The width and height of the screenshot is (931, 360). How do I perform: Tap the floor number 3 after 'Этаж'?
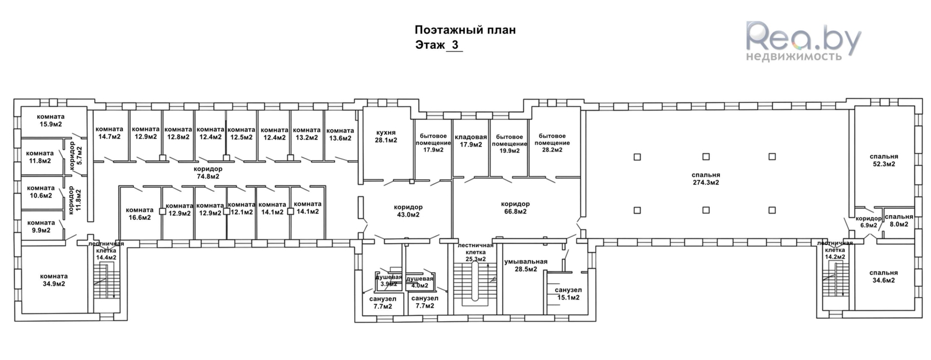click(x=455, y=45)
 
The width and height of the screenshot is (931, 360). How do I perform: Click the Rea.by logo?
click(x=802, y=40)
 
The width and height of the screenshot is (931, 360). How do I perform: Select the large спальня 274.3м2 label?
click(x=705, y=179)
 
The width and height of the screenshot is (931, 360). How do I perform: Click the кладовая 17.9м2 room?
click(x=470, y=141)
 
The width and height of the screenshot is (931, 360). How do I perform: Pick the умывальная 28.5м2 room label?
click(x=525, y=265)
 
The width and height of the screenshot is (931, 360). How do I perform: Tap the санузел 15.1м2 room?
click(x=568, y=294)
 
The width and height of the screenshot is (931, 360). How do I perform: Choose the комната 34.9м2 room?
click(x=54, y=280)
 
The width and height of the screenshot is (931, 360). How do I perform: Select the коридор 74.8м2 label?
click(x=207, y=172)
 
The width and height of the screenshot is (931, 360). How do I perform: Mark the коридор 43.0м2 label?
click(x=408, y=211)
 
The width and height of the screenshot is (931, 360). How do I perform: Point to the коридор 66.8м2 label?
click(x=515, y=208)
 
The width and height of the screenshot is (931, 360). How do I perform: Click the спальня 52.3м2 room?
click(x=883, y=160)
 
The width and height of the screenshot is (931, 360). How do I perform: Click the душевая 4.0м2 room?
click(x=420, y=282)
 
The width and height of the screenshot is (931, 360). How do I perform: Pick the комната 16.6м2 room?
click(x=139, y=214)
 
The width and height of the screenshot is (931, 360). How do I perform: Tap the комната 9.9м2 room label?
click(x=41, y=226)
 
